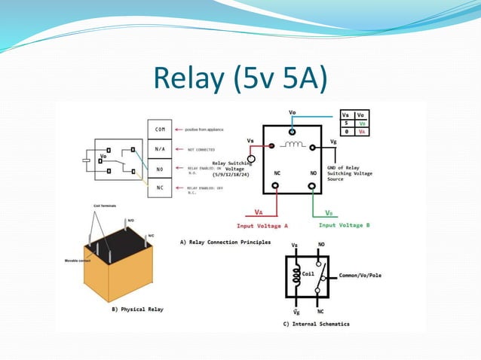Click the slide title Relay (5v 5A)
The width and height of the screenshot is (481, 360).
point(240,78)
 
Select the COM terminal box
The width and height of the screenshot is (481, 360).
point(160,130)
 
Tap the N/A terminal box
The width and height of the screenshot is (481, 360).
point(160,149)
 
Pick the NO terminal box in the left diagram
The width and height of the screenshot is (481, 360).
point(160,168)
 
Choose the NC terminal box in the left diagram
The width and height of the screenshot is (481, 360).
point(160,187)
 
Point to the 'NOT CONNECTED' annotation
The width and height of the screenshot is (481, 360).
point(201,149)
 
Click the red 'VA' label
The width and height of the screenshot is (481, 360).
point(259,212)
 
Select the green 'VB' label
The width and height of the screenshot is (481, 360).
point(329,212)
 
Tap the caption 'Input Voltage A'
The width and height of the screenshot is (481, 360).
point(262,224)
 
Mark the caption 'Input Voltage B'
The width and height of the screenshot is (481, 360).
point(344,224)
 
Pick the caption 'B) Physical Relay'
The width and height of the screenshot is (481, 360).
point(137,309)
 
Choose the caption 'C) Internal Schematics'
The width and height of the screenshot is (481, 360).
point(316,324)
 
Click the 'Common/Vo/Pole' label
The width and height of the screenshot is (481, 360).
point(360,276)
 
